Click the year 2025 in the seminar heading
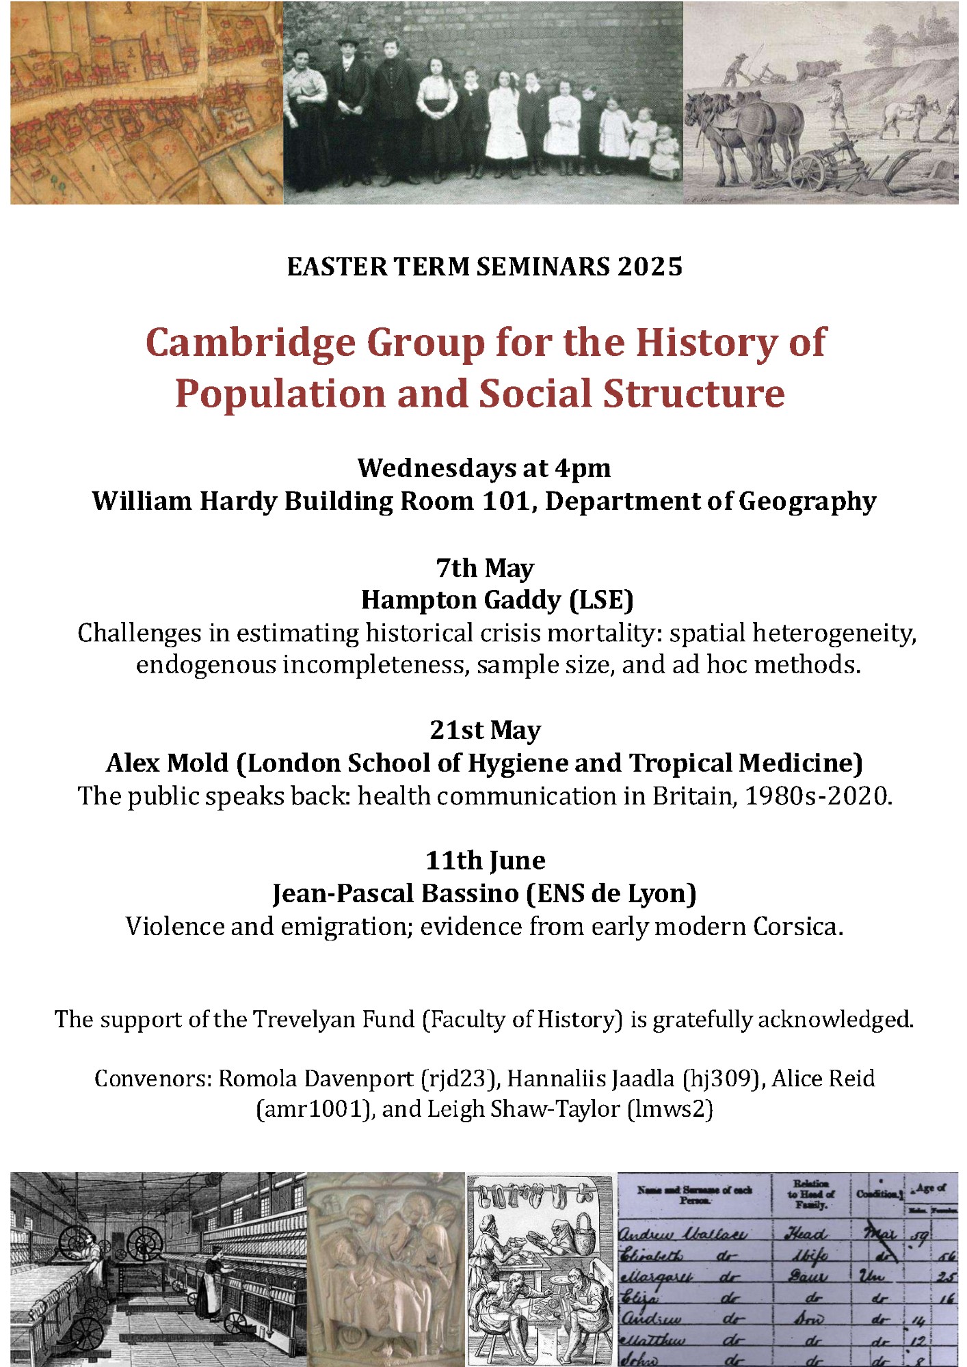(650, 267)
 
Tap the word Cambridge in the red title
(250, 342)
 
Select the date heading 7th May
(484, 568)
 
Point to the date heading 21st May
(484, 730)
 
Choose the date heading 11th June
(484, 861)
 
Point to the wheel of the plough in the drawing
(809, 172)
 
